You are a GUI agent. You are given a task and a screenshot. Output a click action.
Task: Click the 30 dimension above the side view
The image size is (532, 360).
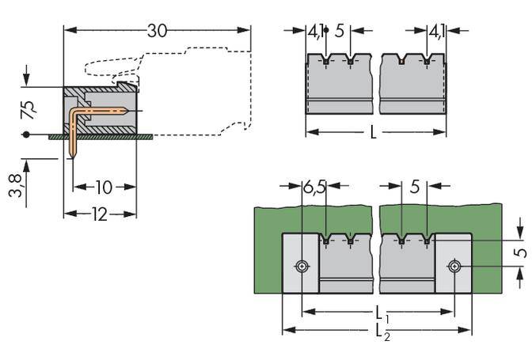(x=158, y=31)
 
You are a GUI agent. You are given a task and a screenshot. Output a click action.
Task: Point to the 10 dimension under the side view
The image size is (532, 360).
(x=104, y=188)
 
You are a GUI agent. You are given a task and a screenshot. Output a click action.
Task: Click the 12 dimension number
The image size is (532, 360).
(x=99, y=214)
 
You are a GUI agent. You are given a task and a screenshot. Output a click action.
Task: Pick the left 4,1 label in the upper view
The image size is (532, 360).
(x=315, y=32)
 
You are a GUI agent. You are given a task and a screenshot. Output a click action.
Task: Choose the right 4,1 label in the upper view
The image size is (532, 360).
(x=436, y=32)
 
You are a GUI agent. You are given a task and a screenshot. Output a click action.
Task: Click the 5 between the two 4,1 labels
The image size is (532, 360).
(x=340, y=32)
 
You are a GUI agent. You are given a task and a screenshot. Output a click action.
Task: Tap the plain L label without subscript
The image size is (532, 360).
(x=373, y=132)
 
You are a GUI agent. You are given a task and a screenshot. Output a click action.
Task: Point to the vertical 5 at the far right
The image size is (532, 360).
(x=520, y=254)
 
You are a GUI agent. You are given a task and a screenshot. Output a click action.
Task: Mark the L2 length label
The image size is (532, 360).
(x=381, y=332)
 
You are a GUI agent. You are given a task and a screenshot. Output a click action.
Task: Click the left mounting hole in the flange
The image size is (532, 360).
(x=302, y=267)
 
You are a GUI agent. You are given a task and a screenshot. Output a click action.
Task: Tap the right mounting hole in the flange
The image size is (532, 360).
(x=454, y=267)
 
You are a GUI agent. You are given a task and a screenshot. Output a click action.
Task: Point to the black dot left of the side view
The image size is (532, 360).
(x=26, y=135)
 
